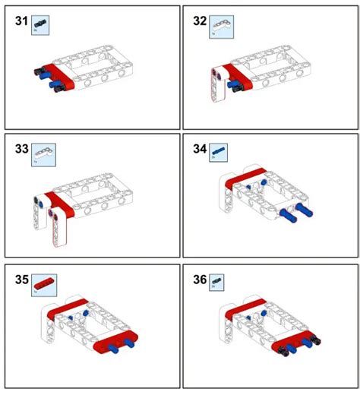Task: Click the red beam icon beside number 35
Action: pos(43,283)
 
